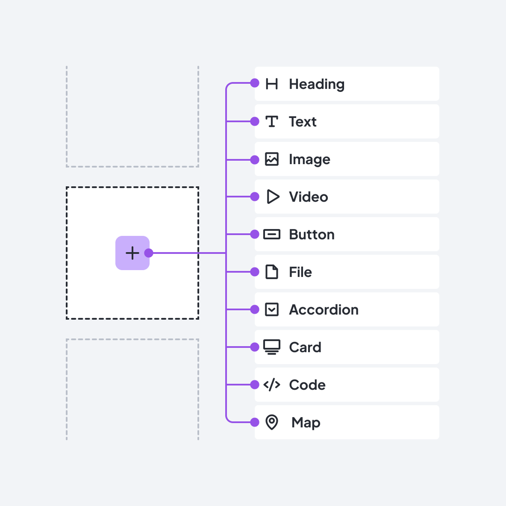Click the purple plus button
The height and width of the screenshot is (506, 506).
[132, 253]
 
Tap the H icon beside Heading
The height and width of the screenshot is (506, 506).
[272, 84]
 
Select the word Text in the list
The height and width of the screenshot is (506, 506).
[303, 122]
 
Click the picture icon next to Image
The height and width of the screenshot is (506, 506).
[272, 159]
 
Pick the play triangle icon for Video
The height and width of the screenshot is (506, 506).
[273, 197]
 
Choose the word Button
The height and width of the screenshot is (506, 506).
[312, 235]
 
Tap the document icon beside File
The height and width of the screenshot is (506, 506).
[272, 272]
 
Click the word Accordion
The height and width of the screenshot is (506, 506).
[324, 310]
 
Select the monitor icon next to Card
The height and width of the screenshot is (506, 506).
[272, 347]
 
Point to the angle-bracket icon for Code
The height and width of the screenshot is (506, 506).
[272, 385]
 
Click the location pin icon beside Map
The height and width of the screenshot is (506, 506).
[272, 422]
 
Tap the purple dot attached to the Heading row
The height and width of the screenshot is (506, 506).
[255, 83]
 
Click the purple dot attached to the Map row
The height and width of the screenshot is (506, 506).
[255, 422]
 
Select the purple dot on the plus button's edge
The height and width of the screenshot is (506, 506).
[149, 253]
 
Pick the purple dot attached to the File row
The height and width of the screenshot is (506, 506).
[255, 272]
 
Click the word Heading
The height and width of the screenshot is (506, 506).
[317, 84]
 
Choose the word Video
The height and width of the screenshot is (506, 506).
[309, 197]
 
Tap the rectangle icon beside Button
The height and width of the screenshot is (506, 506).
[272, 234]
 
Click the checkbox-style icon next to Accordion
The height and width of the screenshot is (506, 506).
[272, 309]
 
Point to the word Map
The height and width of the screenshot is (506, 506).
[306, 423]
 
